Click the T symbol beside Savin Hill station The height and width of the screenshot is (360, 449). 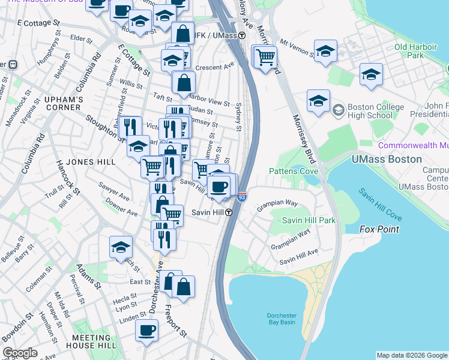(229, 213)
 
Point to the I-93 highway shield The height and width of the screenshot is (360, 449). (241, 196)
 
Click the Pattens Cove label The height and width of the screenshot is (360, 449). (293, 171)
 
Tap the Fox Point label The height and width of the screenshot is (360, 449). (379, 229)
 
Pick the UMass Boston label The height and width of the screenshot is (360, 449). (386, 160)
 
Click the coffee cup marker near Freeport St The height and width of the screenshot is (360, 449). (146, 331)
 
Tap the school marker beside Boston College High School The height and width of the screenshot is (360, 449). (318, 101)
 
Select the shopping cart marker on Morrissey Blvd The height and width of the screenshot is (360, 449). (265, 58)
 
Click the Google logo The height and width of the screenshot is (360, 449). (20, 353)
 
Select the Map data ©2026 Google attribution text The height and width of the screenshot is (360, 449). (411, 355)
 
